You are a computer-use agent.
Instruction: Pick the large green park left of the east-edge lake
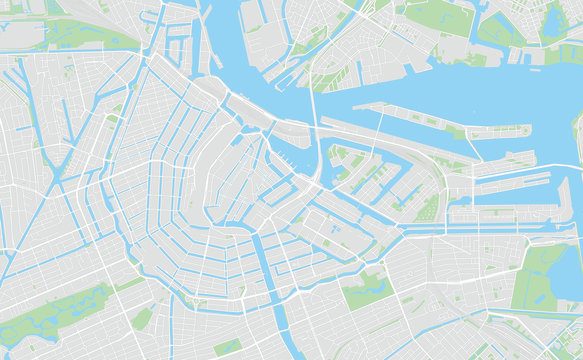point(535,275)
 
